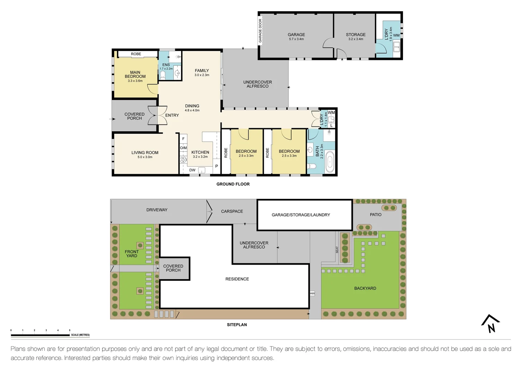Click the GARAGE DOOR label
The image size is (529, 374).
click(x=260, y=30)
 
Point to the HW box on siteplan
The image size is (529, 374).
click(x=312, y=293)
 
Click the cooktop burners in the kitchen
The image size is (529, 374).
click(x=183, y=160)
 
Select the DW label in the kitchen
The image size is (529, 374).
click(x=192, y=170)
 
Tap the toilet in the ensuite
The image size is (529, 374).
click(x=163, y=75)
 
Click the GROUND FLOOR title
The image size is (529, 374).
click(x=233, y=184)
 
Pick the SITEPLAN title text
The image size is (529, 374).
click(x=237, y=325)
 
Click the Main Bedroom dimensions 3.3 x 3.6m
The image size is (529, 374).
click(x=135, y=81)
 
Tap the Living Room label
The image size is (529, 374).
click(x=145, y=152)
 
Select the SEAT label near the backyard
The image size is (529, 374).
click(x=337, y=250)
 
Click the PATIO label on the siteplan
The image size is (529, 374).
click(x=376, y=215)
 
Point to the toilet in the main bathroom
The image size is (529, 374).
click(x=313, y=167)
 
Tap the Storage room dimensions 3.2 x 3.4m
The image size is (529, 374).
click(x=356, y=39)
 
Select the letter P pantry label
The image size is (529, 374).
click(x=217, y=166)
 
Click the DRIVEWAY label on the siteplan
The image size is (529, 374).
click(x=157, y=210)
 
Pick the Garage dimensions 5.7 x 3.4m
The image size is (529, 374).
click(x=296, y=39)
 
